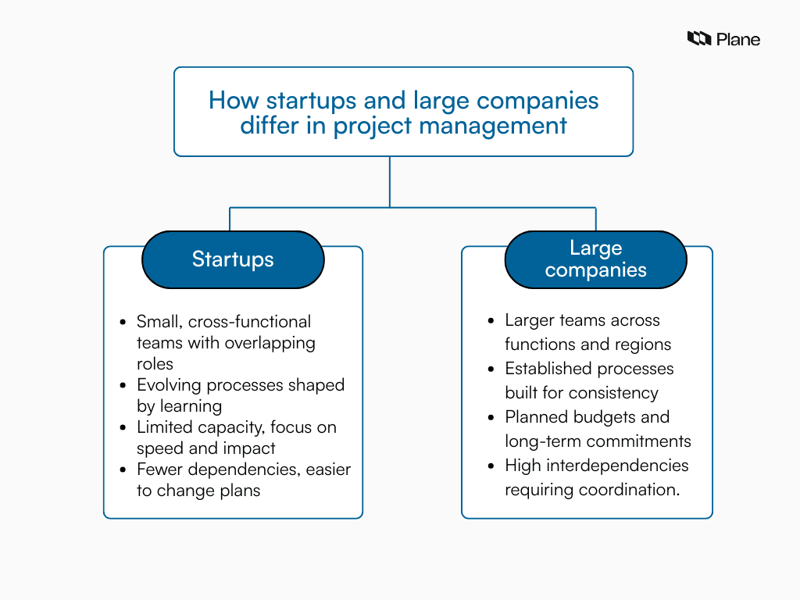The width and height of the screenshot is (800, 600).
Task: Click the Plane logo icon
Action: [699, 38]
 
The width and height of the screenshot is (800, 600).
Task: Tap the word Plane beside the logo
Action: [738, 39]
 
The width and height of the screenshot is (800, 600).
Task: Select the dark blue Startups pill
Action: [233, 259]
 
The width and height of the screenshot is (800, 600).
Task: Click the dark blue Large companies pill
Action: [595, 259]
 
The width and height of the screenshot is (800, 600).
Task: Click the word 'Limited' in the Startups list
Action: [165, 427]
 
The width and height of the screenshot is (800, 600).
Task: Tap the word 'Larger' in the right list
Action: [531, 320]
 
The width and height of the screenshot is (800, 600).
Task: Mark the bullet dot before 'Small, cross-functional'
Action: [123, 323]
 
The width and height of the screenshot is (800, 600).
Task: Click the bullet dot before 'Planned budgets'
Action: [491, 418]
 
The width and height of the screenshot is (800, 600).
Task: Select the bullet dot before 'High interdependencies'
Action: [491, 466]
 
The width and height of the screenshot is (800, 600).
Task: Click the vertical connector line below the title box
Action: [390, 181]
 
